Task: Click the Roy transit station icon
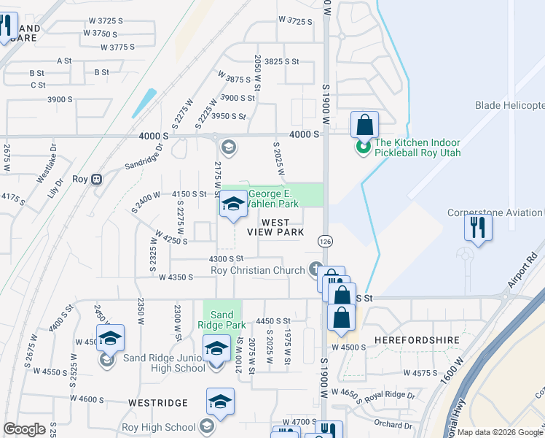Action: click(x=96, y=180)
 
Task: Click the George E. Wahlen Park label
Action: click(x=274, y=199)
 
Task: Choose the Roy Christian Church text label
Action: click(x=257, y=271)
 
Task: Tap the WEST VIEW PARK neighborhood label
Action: click(x=275, y=227)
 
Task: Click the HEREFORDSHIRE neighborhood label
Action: click(x=410, y=340)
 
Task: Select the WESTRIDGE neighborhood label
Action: click(x=157, y=402)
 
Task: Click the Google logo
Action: click(x=24, y=429)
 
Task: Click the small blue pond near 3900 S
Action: click(x=144, y=104)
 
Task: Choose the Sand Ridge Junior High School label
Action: click(x=164, y=362)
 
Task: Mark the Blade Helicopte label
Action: click(x=509, y=106)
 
